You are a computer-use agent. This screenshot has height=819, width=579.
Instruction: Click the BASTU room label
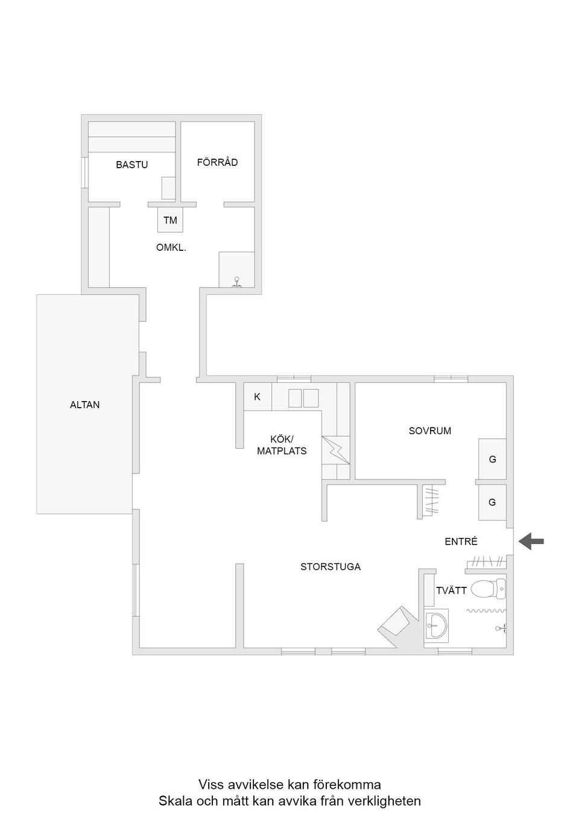coord(131,165)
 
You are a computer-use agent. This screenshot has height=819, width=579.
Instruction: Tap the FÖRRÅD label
coord(218,162)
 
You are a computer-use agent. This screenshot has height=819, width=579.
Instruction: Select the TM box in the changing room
coord(170,220)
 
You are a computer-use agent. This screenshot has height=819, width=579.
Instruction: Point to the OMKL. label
coord(171,247)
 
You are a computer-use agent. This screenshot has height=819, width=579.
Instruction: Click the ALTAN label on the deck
coord(85,405)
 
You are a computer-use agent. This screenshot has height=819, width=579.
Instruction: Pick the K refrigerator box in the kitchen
coord(258,396)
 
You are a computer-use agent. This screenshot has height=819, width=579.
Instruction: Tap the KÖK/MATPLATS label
coord(282,444)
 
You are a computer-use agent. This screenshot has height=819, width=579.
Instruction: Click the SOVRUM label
coord(430,431)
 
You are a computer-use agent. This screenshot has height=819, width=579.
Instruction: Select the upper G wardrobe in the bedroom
coord(492,459)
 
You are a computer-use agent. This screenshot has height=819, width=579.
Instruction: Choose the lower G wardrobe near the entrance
coord(492,502)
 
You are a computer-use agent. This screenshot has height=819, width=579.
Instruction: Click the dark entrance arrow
coord(531,541)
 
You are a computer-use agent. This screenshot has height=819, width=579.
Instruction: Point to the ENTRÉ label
coord(461,541)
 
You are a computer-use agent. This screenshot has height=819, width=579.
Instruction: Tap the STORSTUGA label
coord(331,567)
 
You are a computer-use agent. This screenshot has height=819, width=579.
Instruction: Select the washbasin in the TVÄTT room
coord(436,625)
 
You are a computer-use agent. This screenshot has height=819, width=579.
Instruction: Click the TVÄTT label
coord(451,590)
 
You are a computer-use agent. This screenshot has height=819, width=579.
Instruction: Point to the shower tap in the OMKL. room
coord(237,283)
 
